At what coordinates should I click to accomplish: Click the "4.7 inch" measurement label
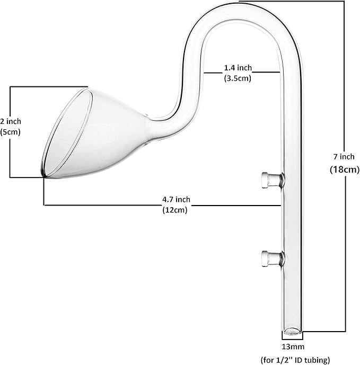pyautogui.click(x=175, y=199)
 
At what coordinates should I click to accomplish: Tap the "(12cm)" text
pyautogui.click(x=175, y=210)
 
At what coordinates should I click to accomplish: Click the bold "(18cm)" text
pyautogui.click(x=345, y=170)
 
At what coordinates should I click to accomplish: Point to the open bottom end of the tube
pyautogui.click(x=291, y=333)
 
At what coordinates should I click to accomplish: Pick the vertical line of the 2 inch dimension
pyautogui.click(x=11, y=154)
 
